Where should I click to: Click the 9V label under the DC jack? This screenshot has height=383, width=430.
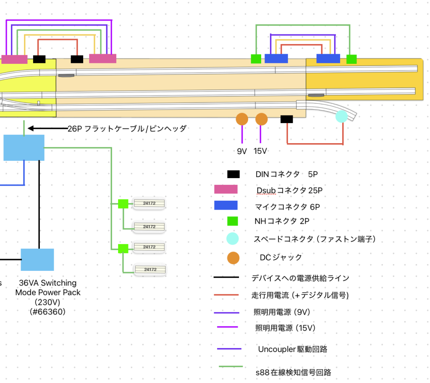[x=241, y=151]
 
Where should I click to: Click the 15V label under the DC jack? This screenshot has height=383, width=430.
[x=260, y=151]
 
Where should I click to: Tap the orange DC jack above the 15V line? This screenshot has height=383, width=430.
[x=261, y=119]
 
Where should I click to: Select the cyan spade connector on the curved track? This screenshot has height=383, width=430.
[x=341, y=116]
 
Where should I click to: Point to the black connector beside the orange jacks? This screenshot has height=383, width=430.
[x=286, y=119]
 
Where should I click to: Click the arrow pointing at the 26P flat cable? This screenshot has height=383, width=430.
[x=46, y=129]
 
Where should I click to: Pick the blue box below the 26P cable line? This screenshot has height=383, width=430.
[x=24, y=148]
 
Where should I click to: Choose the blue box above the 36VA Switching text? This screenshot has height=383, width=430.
[x=37, y=260]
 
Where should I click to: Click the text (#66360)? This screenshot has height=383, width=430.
[x=48, y=312]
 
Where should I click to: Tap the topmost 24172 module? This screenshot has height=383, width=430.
[x=149, y=204]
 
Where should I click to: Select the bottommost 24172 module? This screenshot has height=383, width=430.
[x=150, y=269]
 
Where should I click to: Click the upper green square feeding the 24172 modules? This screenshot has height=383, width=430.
[x=123, y=204]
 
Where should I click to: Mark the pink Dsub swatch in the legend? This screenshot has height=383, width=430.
[x=225, y=189]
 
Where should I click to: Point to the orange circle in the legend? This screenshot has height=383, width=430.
[x=233, y=257]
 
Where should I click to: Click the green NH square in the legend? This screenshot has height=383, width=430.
[x=232, y=221]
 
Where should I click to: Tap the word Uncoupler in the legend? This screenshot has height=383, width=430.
[x=275, y=349]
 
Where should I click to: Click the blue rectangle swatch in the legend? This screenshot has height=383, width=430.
[x=225, y=206]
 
